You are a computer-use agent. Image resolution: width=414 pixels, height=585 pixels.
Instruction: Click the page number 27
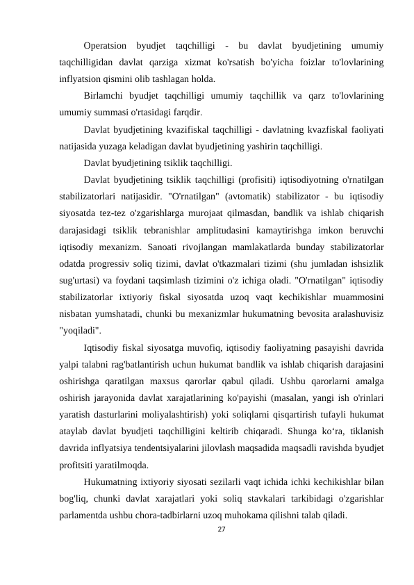tap(222, 530)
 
